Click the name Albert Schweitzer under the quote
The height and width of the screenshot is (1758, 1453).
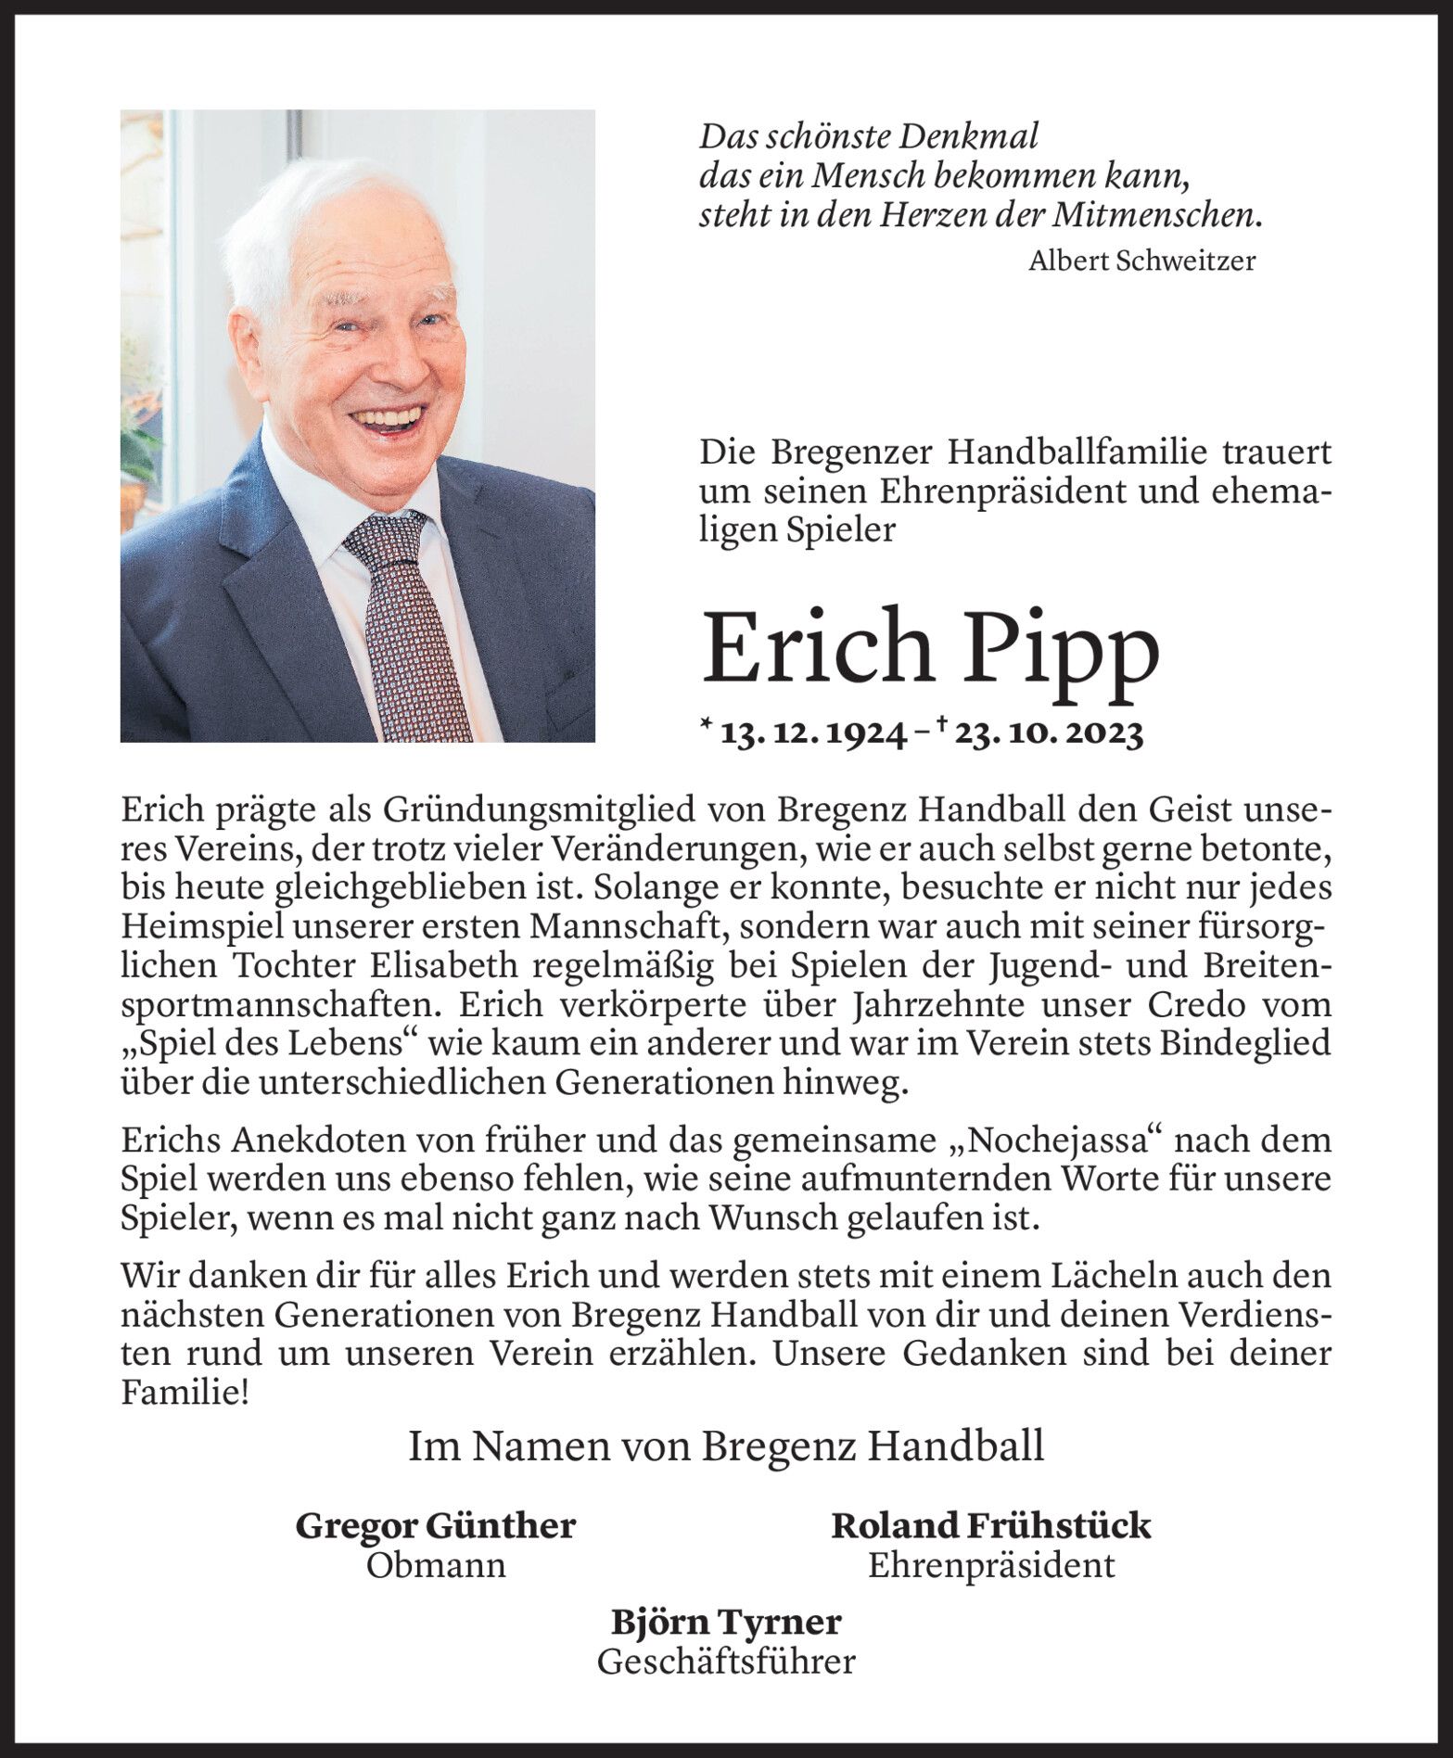1141,261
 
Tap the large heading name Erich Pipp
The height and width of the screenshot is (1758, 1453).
930,646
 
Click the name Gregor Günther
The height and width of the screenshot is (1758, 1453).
436,1526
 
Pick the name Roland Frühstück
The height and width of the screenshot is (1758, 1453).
990,1526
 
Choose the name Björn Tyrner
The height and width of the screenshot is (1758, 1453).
726,1623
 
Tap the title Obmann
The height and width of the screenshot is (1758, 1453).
436,1566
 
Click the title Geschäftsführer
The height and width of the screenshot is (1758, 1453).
726,1662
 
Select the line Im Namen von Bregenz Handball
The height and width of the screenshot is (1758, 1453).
726,1446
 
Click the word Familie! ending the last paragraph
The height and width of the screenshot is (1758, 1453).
185,1393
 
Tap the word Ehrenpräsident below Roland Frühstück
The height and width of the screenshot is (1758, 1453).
990,1566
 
